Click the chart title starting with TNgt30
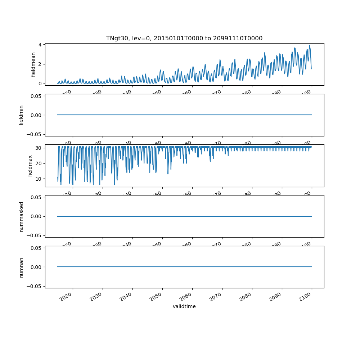[x=184, y=38]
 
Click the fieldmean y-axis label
[x=33, y=64]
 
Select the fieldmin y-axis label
[x=21, y=115]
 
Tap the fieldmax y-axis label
[x=30, y=166]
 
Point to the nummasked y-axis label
[x=21, y=216]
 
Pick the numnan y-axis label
[x=21, y=267]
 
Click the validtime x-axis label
[x=184, y=307]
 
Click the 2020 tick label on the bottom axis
[x=68, y=297]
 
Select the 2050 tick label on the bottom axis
[x=157, y=297]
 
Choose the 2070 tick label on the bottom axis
[x=217, y=297]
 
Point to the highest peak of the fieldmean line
[x=309, y=45]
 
